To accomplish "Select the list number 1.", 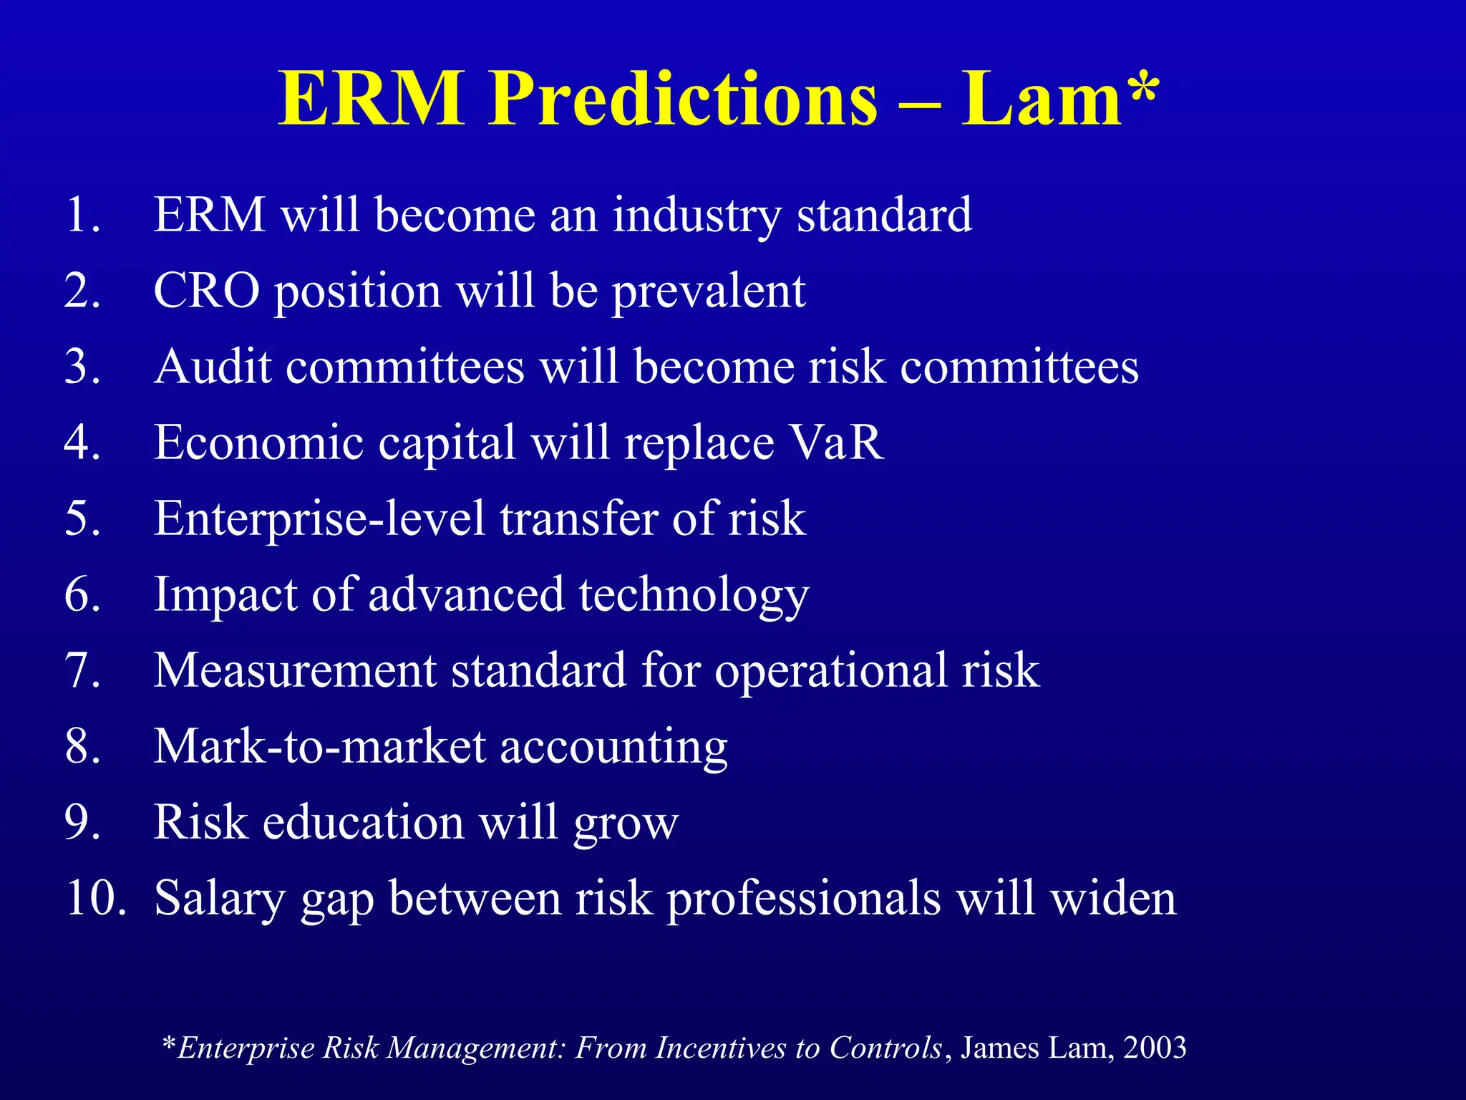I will point(81,215).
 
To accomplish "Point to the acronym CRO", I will point(207,291).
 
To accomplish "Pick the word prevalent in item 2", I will point(709,291).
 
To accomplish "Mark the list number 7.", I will point(81,670).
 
